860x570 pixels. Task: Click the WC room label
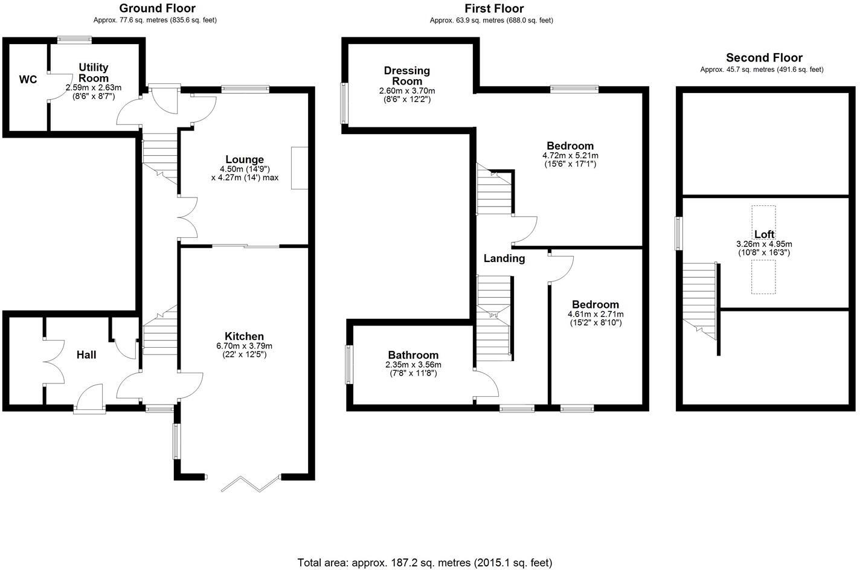click(x=28, y=80)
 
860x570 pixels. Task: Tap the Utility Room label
click(x=93, y=72)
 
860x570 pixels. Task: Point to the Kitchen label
click(x=244, y=336)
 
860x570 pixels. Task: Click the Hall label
click(x=86, y=355)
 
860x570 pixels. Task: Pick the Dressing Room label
click(x=406, y=76)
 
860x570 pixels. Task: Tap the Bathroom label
click(x=413, y=355)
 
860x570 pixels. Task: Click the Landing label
click(x=504, y=258)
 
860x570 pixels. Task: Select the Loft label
click(x=764, y=234)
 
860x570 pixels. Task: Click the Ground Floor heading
click(x=157, y=8)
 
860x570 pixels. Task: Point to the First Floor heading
click(x=493, y=8)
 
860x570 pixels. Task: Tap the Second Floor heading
click(x=764, y=58)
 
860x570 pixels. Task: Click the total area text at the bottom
click(x=425, y=563)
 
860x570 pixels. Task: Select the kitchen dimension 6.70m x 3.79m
click(x=244, y=346)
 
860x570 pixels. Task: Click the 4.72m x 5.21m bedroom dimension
click(x=570, y=155)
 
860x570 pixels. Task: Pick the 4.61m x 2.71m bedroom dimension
click(x=595, y=314)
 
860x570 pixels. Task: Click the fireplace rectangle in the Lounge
click(x=300, y=168)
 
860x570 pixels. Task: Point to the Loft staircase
click(x=701, y=299)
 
